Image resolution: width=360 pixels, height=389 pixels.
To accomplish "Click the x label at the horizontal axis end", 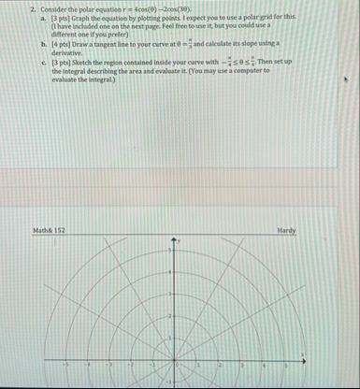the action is coord(302,353).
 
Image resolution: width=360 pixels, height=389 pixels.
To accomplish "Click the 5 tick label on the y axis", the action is coord(169,251).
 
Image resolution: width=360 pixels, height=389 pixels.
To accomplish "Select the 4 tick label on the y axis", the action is coord(169,272).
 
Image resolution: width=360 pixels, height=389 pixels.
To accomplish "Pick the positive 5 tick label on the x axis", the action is coord(285,366).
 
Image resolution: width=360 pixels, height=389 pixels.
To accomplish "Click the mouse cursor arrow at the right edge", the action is coord(345,80).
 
